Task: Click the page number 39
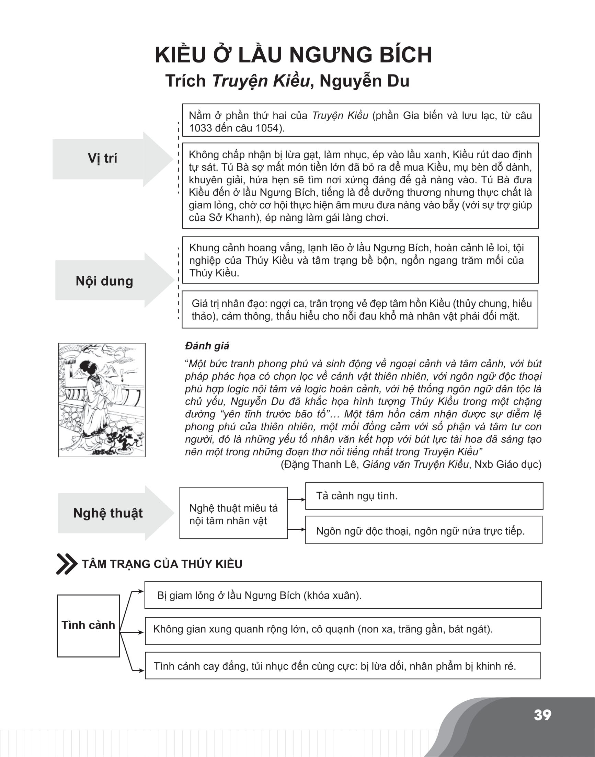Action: [x=542, y=715]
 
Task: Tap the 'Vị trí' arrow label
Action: [x=102, y=159]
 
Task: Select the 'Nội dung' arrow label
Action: [x=104, y=281]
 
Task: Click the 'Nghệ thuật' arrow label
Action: [x=108, y=513]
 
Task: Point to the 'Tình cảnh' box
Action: [x=88, y=625]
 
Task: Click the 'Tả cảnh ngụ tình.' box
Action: [x=424, y=496]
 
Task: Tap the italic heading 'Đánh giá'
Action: [x=207, y=346]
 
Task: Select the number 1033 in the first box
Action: [x=200, y=128]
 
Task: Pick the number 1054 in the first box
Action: [x=267, y=128]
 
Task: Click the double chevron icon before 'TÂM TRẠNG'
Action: [x=66, y=564]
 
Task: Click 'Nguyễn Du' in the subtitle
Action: [x=364, y=81]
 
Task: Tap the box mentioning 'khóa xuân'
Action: [x=343, y=595]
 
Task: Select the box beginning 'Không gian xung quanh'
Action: [x=343, y=629]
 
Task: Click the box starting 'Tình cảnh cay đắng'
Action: [x=343, y=666]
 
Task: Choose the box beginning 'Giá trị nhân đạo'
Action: [x=360, y=310]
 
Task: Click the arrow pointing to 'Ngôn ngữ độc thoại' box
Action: [x=296, y=529]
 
